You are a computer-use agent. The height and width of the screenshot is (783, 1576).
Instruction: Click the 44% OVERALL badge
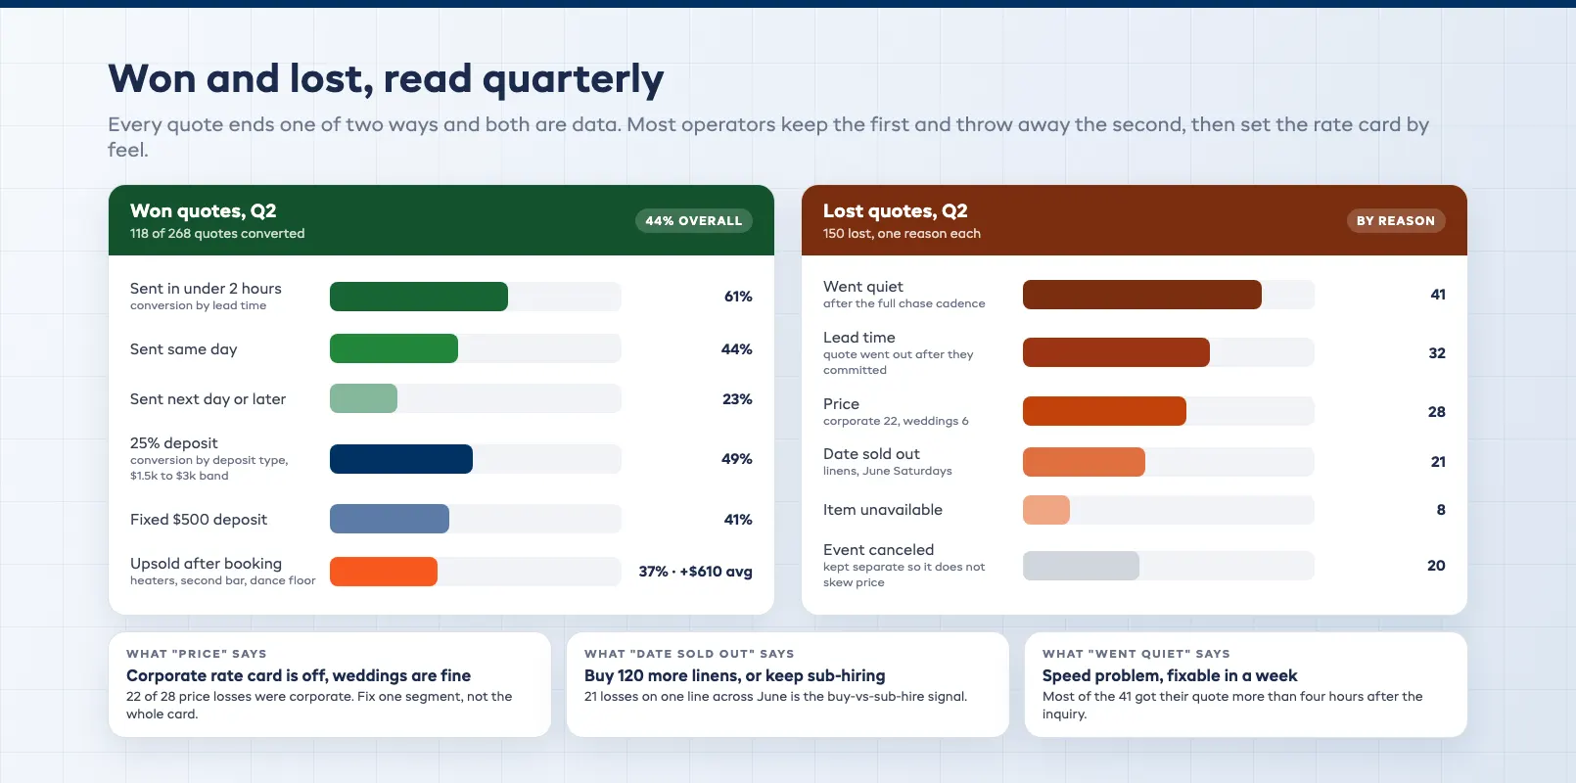[694, 221]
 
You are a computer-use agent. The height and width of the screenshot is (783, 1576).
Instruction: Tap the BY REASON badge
[1396, 221]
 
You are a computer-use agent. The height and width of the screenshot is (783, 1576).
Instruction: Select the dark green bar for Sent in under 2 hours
[419, 297]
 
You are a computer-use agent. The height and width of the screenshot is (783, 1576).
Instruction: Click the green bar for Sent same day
[394, 348]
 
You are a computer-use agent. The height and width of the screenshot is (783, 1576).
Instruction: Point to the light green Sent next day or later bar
[364, 398]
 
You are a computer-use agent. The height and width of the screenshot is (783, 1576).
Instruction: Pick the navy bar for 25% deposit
[401, 459]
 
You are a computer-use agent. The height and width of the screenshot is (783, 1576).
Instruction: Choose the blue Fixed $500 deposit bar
[390, 519]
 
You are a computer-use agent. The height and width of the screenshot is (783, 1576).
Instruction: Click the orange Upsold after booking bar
[384, 572]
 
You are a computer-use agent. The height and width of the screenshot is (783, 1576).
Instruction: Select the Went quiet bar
[1142, 294]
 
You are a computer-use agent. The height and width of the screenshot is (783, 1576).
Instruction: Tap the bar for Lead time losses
[1117, 352]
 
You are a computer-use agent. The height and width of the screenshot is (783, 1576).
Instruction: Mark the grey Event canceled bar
[1082, 566]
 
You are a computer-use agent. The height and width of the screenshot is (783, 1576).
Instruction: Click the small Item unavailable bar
[1046, 510]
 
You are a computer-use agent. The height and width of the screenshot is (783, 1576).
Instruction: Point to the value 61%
[738, 297]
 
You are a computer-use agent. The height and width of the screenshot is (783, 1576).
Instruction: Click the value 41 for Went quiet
[1438, 295]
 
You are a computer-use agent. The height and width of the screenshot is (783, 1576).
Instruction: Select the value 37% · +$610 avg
[695, 572]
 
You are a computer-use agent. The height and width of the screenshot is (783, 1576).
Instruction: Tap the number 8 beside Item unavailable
[1441, 510]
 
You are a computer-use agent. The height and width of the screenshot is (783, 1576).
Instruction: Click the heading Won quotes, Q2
[204, 211]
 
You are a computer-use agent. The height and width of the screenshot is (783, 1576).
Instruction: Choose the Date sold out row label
[871, 454]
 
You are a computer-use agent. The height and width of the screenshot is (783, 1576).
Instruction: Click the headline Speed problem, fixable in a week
[1170, 675]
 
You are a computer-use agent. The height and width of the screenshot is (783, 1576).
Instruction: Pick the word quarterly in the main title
[573, 79]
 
